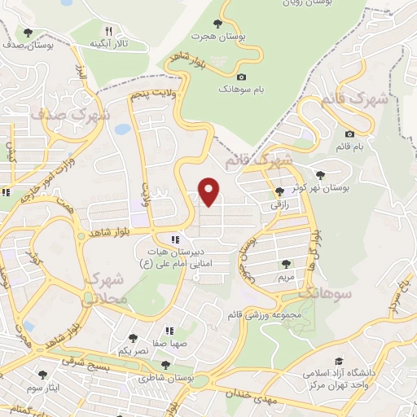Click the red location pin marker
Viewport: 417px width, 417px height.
coord(211,191)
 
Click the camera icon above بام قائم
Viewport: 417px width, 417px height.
coord(349,134)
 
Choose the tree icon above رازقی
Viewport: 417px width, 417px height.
coord(279,191)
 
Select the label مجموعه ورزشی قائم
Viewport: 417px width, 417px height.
coord(292,314)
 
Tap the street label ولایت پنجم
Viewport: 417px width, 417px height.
coord(151,95)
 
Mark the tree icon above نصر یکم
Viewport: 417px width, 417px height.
coord(133,337)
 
